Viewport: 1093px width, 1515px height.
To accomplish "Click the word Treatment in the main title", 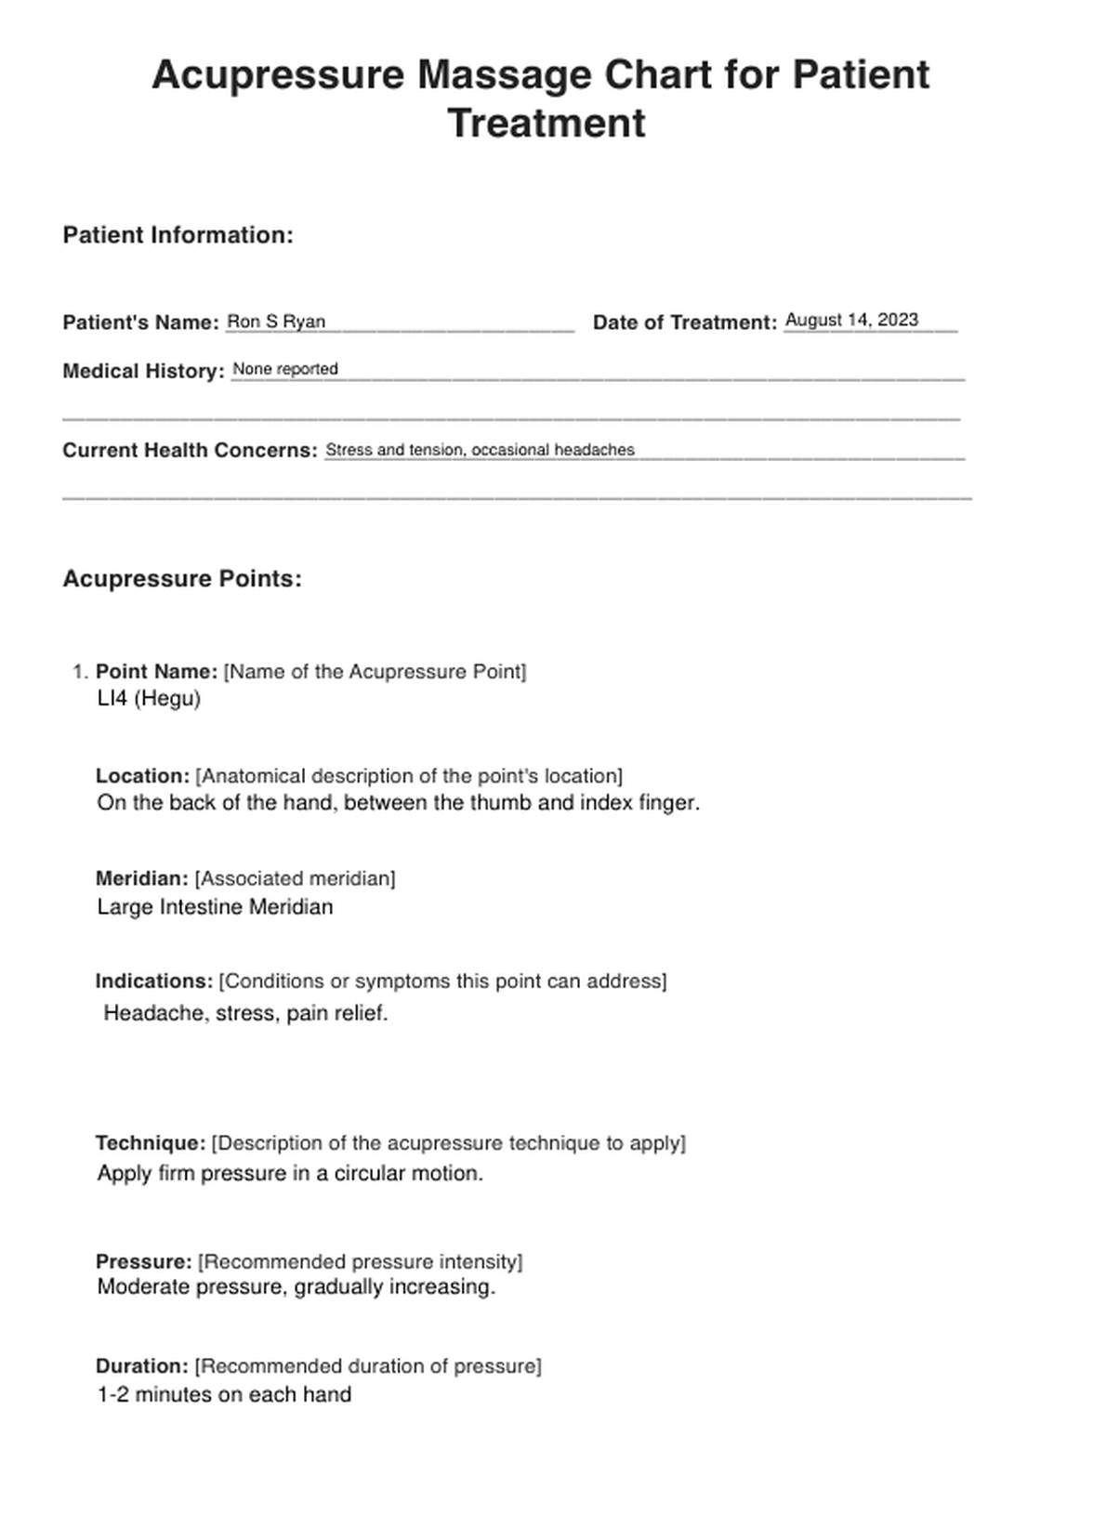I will pyautogui.click(x=546, y=124).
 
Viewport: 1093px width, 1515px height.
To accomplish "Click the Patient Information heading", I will pyautogui.click(x=178, y=235).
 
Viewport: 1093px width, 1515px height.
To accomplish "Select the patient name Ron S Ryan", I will pyautogui.click(x=276, y=322).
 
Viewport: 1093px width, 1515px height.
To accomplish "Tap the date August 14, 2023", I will pyautogui.click(x=851, y=320).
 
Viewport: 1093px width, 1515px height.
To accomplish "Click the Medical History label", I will pyautogui.click(x=143, y=371).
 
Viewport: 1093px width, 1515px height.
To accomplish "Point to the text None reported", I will pyautogui.click(x=285, y=369).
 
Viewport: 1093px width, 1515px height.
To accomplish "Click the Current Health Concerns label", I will pyautogui.click(x=190, y=450).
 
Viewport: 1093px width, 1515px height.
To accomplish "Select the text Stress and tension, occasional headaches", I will pyautogui.click(x=480, y=450).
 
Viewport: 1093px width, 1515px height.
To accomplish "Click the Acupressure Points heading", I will pyautogui.click(x=182, y=578).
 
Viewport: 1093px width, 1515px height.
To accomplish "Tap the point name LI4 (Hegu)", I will pyautogui.click(x=149, y=698).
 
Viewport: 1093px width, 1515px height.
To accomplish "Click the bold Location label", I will pyautogui.click(x=142, y=775).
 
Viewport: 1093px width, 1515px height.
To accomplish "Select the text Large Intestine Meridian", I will pyautogui.click(x=215, y=906).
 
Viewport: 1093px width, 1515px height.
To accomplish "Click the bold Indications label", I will pyautogui.click(x=154, y=981).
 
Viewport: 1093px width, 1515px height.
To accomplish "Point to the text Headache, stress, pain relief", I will pyautogui.click(x=245, y=1013).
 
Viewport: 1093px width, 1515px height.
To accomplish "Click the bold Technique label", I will pyautogui.click(x=150, y=1142).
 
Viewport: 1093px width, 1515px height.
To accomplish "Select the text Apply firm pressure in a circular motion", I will pyautogui.click(x=290, y=1173).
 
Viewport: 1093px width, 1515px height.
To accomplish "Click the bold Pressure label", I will pyautogui.click(x=143, y=1261).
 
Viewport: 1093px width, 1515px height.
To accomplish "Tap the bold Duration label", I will pyautogui.click(x=141, y=1365).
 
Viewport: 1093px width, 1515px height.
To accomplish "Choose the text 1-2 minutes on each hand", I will pyautogui.click(x=224, y=1394).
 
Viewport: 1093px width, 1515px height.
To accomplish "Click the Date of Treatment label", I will pyautogui.click(x=684, y=323).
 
